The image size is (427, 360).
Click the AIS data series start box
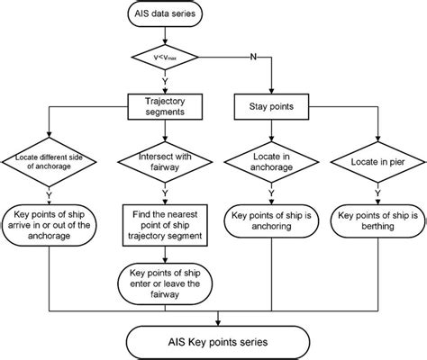coord(165,13)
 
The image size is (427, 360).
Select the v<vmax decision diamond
coord(165,57)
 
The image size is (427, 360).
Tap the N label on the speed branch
coord(253,57)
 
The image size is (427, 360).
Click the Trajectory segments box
coord(165,107)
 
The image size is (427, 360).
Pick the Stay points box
coord(271,107)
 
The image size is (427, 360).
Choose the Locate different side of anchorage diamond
coord(49,162)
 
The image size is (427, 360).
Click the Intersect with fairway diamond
coord(165,162)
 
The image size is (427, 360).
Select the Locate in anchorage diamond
coord(271,162)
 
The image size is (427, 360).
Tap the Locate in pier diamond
coord(377,162)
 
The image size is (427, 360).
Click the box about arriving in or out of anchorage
coord(49,225)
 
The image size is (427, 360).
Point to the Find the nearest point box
coord(165,225)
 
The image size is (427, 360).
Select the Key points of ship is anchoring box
coord(271,221)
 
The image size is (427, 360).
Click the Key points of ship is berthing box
coord(377,221)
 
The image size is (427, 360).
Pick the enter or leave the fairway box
coord(165,283)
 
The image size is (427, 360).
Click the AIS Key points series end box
coord(218,342)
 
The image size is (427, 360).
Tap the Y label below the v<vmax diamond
coord(165,81)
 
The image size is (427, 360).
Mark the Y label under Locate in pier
coord(377,193)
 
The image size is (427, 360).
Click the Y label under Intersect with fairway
coord(165,193)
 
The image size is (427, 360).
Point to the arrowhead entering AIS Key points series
coord(218,323)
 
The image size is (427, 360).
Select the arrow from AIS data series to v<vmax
coord(165,35)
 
